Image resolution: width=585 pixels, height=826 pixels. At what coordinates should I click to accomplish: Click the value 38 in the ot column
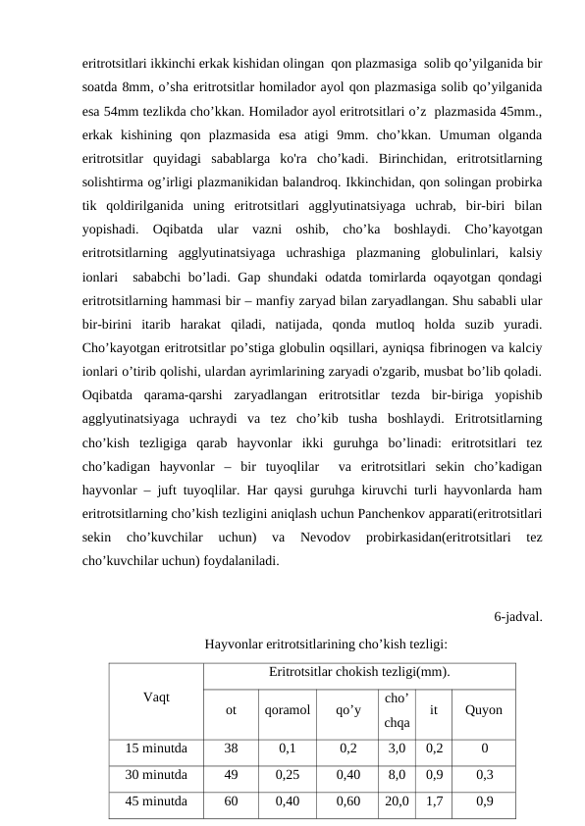pos(231,749)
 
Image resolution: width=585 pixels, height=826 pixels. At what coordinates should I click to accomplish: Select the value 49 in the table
pos(231,774)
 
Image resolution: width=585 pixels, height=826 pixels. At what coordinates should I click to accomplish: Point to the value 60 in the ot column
pos(231,800)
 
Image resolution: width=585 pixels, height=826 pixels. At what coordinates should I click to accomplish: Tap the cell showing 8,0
pos(397,774)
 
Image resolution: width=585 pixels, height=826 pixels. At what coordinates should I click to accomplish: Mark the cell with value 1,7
pos(434,800)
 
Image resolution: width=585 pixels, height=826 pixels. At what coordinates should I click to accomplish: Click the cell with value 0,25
pos(288,774)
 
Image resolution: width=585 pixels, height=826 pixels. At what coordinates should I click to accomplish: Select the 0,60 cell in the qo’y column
pos(347,800)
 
